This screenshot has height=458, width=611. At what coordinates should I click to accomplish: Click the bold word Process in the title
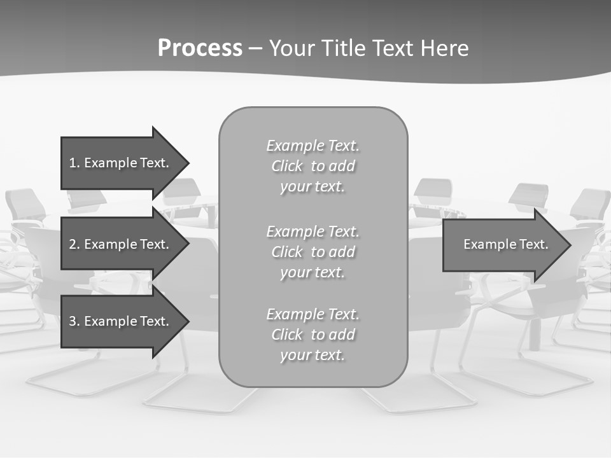coord(200,48)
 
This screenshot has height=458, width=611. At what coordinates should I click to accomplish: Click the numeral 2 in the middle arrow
coord(73,244)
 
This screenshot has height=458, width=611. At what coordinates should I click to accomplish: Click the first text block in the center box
coord(313,166)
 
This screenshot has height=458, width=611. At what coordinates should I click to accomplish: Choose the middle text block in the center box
coord(313,252)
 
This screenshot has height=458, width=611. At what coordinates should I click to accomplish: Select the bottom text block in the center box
coord(313,335)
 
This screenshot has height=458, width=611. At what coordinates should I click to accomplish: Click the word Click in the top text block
coord(287,167)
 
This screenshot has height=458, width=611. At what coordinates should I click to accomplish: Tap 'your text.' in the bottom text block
coord(313,355)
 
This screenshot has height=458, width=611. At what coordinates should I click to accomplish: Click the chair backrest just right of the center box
coord(433,189)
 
